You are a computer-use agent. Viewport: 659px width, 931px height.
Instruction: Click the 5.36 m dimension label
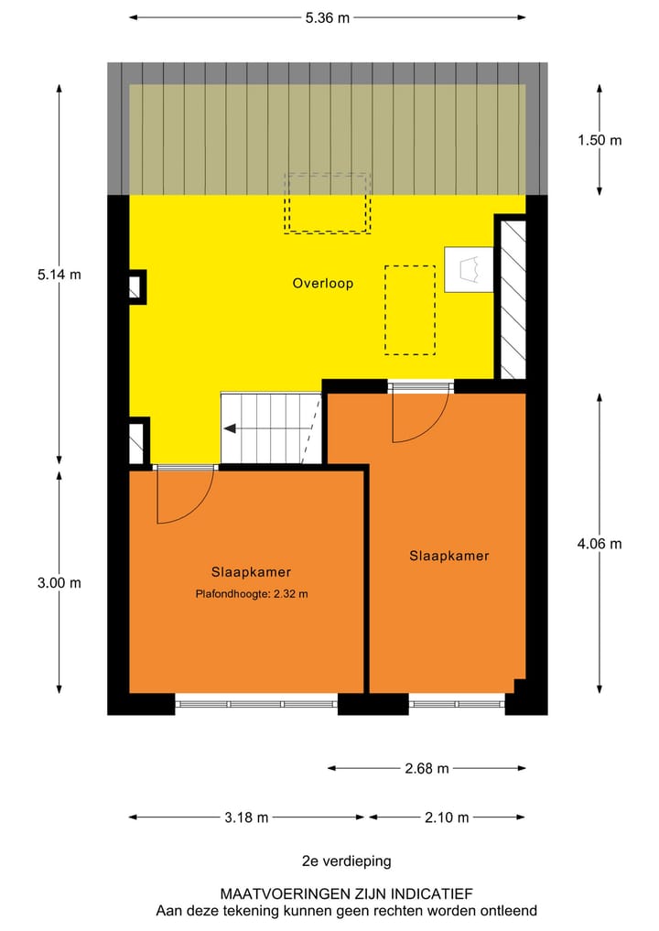pyautogui.click(x=328, y=17)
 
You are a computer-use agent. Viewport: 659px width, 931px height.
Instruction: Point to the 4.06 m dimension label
pyautogui.click(x=599, y=543)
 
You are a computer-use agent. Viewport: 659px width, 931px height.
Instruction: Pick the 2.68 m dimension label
pyautogui.click(x=427, y=768)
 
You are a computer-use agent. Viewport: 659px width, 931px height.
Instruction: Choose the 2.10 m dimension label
pyautogui.click(x=446, y=817)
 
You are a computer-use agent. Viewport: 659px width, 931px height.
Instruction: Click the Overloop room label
pyautogui.click(x=322, y=284)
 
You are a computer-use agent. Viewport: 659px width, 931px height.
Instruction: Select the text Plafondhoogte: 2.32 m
pyautogui.click(x=251, y=594)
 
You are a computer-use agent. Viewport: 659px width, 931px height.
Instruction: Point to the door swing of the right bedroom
pyautogui.click(x=419, y=417)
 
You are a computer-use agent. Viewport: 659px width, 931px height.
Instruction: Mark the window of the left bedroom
pyautogui.click(x=256, y=704)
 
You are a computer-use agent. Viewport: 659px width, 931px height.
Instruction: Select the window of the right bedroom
pyautogui.click(x=457, y=704)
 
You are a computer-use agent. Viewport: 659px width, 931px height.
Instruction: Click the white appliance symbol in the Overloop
pyautogui.click(x=469, y=270)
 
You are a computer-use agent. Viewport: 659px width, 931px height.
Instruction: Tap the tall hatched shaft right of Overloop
pyautogui.click(x=511, y=298)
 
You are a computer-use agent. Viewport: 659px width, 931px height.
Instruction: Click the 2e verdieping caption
pyautogui.click(x=346, y=861)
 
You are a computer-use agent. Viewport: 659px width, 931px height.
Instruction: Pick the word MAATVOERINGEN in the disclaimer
pyautogui.click(x=268, y=893)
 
